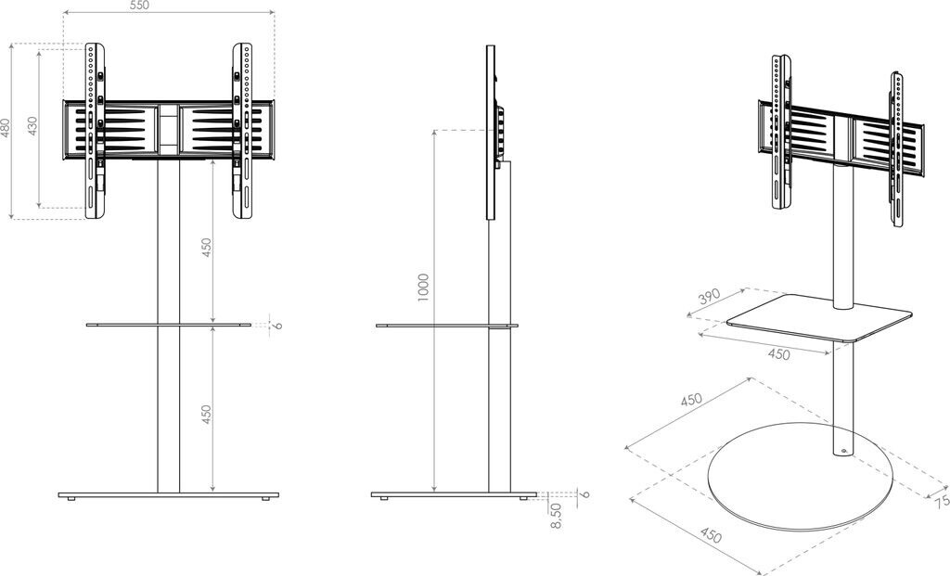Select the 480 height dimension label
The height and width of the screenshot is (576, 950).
(x=6, y=127)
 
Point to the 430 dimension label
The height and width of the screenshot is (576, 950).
(x=32, y=127)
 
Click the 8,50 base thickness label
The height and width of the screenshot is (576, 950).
(x=556, y=509)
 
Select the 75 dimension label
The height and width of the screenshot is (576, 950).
(x=942, y=501)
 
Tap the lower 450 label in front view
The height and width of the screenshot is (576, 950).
(x=207, y=415)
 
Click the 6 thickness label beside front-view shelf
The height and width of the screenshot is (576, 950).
(x=277, y=325)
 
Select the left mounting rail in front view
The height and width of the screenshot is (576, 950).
(x=93, y=130)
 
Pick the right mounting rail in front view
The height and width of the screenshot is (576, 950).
(x=242, y=130)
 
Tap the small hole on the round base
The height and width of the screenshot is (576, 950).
(x=844, y=453)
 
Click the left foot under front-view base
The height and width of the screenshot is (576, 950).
(x=71, y=500)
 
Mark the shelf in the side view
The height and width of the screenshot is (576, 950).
(x=445, y=326)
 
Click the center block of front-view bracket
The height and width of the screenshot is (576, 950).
(x=168, y=129)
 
